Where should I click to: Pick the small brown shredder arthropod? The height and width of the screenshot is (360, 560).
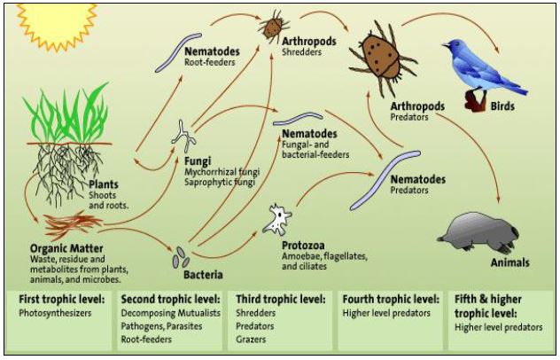point(272,27)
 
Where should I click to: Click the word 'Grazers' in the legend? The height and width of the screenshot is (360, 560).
point(253,339)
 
